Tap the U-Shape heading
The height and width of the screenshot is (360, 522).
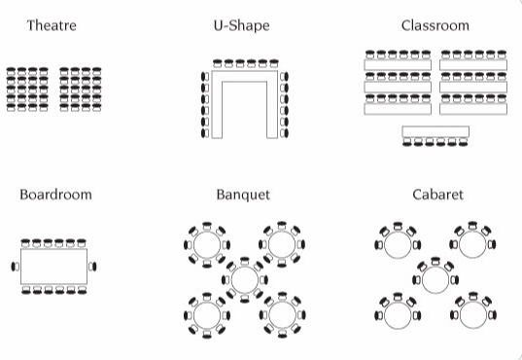pyautogui.click(x=241, y=25)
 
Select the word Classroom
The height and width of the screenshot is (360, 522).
pyautogui.click(x=435, y=25)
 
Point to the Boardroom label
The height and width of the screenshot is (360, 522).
pyautogui.click(x=55, y=195)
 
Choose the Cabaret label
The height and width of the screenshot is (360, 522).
pyautogui.click(x=437, y=195)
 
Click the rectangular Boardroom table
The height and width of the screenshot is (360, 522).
pyautogui.click(x=53, y=265)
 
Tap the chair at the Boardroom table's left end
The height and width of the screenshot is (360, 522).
pyautogui.click(x=15, y=265)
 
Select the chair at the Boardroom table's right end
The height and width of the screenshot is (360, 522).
pyautogui.click(x=94, y=265)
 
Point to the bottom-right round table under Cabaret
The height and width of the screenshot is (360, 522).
pyautogui.click(x=472, y=314)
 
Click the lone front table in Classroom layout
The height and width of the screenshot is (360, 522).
pyautogui.click(x=435, y=131)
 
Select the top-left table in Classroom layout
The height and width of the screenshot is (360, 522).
pyautogui.click(x=398, y=64)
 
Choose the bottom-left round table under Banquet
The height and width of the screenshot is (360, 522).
pyautogui.click(x=206, y=315)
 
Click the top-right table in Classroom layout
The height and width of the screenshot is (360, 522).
pyautogui.click(x=473, y=64)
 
